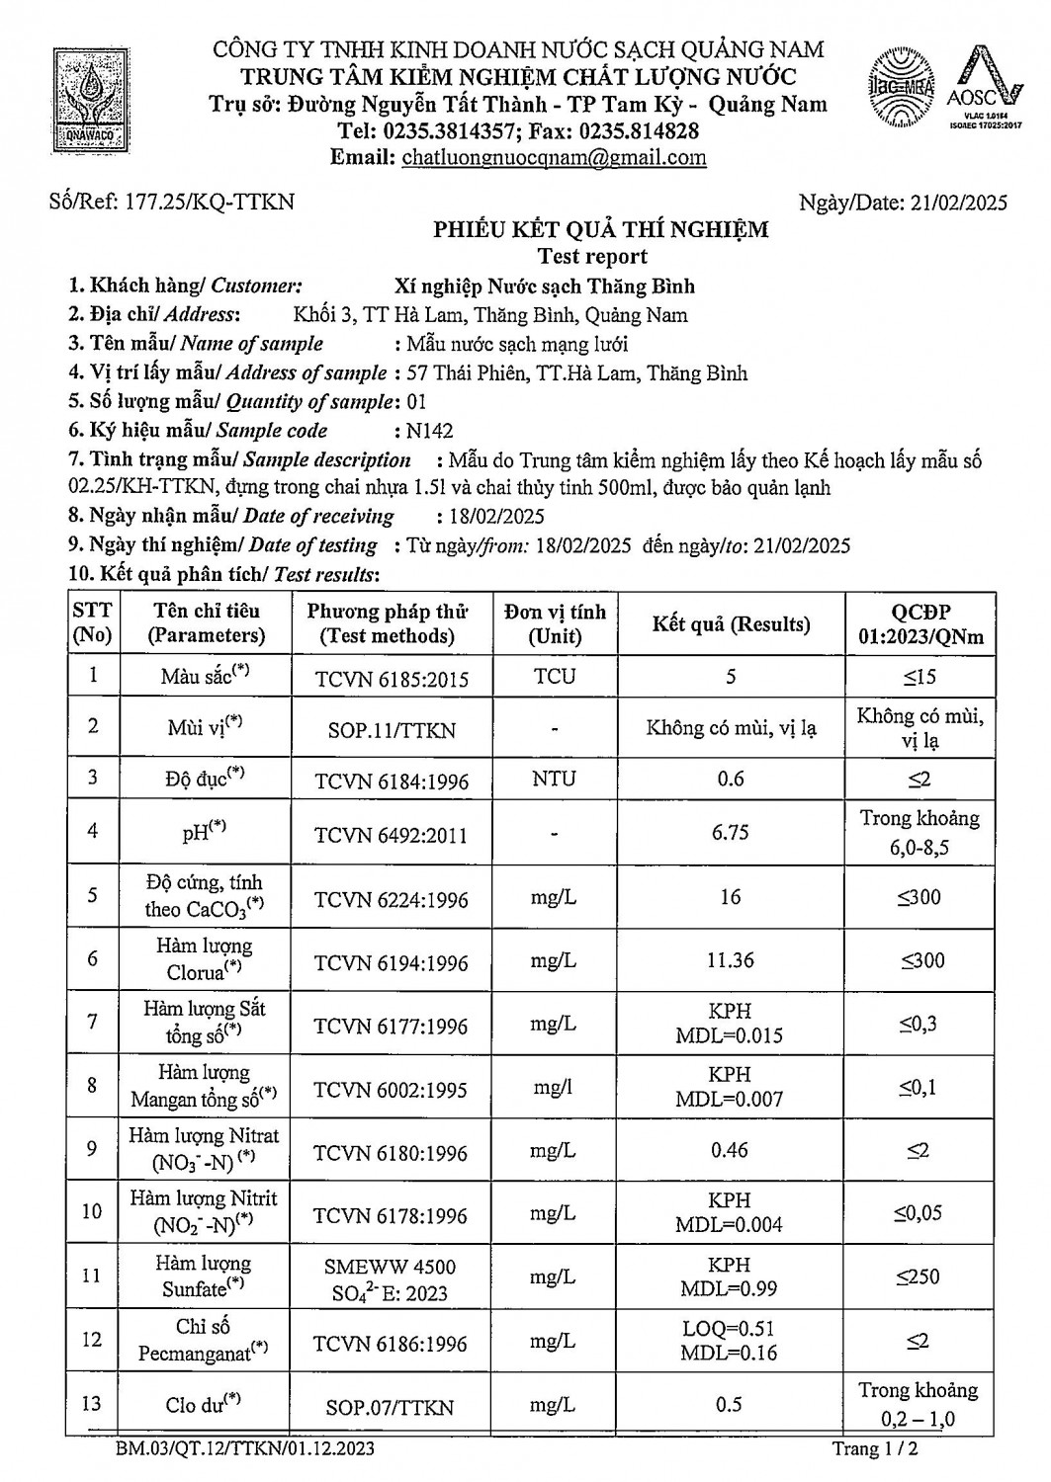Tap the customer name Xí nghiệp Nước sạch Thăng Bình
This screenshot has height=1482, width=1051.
click(x=545, y=287)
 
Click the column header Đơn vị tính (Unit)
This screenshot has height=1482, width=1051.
click(x=555, y=623)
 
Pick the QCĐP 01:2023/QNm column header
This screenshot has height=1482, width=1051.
click(x=920, y=623)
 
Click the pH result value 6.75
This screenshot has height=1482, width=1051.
click(x=730, y=833)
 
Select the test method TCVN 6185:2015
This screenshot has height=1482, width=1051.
click(x=392, y=679)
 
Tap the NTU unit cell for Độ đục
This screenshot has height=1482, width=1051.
click(x=554, y=779)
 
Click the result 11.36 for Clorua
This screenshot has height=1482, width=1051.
click(x=730, y=960)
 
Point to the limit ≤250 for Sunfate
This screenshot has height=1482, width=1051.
click(x=919, y=1277)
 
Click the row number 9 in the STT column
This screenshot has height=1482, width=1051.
click(x=92, y=1149)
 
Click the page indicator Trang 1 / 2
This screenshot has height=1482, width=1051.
click(x=881, y=1449)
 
